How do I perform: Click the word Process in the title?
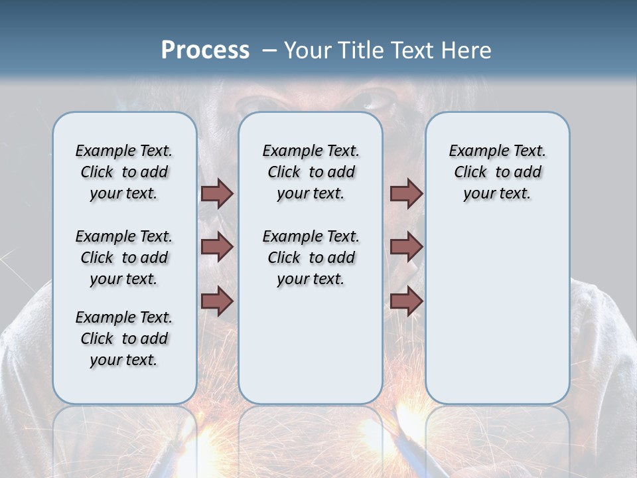coord(205,50)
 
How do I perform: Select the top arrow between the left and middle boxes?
coord(217,193)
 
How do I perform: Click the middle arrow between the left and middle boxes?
coord(217,247)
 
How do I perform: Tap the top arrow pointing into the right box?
coord(406,193)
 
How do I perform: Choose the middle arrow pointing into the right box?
coord(406,247)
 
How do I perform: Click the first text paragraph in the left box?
coord(124,172)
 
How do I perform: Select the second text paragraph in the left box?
coord(124,258)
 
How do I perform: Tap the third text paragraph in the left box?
coord(124,339)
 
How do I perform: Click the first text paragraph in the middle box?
coord(311,172)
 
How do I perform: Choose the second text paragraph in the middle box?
coord(311,258)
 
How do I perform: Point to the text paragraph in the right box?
coord(497,172)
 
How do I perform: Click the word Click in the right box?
coord(470,172)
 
